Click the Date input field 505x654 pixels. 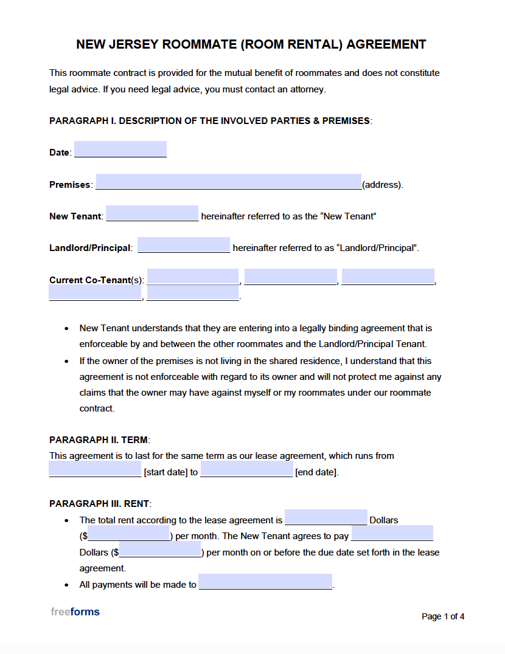pos(120,150)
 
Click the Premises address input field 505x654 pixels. pos(228,182)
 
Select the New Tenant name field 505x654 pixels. pos(152,213)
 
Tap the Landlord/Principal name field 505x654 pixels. pos(184,245)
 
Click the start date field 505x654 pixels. pos(95,469)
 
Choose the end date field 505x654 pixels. pos(246,469)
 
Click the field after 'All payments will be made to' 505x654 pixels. pos(265,582)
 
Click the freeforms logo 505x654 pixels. pos(75,611)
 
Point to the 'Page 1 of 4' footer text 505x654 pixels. pos(443,616)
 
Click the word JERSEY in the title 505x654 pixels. pos(133,44)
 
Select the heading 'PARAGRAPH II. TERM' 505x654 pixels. pos(99,440)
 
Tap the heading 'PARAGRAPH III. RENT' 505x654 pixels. pos(100,504)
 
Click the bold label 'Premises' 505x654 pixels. pos(70,185)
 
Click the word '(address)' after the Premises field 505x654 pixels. pos(381,185)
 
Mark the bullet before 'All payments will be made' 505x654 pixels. pos(66,585)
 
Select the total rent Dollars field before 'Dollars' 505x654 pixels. pos(326,517)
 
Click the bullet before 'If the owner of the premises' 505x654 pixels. pos(66,361)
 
